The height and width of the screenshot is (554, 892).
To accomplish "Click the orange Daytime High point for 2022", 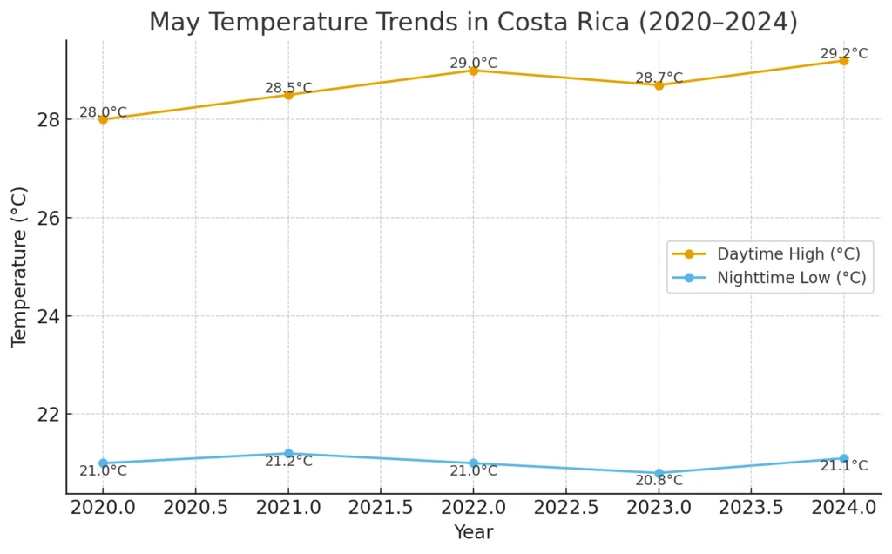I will pyautogui.click(x=473, y=71).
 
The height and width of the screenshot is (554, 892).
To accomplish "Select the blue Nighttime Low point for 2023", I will pyautogui.click(x=659, y=473).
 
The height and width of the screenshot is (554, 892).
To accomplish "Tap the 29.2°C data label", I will pyautogui.click(x=843, y=54).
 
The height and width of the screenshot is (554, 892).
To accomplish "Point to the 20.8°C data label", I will pyautogui.click(x=659, y=481).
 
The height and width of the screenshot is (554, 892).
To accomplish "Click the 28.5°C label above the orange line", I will pyautogui.click(x=288, y=88).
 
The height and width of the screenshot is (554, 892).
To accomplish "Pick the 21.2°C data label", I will pyautogui.click(x=288, y=462).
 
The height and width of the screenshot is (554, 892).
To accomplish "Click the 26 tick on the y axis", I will pyautogui.click(x=47, y=218).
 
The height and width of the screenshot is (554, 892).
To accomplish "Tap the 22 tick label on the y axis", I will pyautogui.click(x=47, y=415).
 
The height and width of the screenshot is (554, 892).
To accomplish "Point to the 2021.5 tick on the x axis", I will pyautogui.click(x=381, y=506).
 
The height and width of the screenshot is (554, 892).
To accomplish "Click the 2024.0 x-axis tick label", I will pyautogui.click(x=843, y=506).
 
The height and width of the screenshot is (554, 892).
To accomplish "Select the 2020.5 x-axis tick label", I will pyautogui.click(x=195, y=506).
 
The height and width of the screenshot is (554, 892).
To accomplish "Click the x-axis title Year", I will pyautogui.click(x=473, y=532).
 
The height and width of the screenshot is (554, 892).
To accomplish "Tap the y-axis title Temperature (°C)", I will pyautogui.click(x=19, y=267).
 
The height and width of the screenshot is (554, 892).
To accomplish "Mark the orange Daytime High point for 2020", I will pyautogui.click(x=103, y=119).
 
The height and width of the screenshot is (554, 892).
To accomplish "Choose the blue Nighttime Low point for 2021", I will pyautogui.click(x=288, y=454).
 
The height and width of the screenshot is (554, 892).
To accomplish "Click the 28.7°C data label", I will pyautogui.click(x=659, y=78).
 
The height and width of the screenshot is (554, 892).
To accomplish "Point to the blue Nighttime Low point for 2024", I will pyautogui.click(x=843, y=458).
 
